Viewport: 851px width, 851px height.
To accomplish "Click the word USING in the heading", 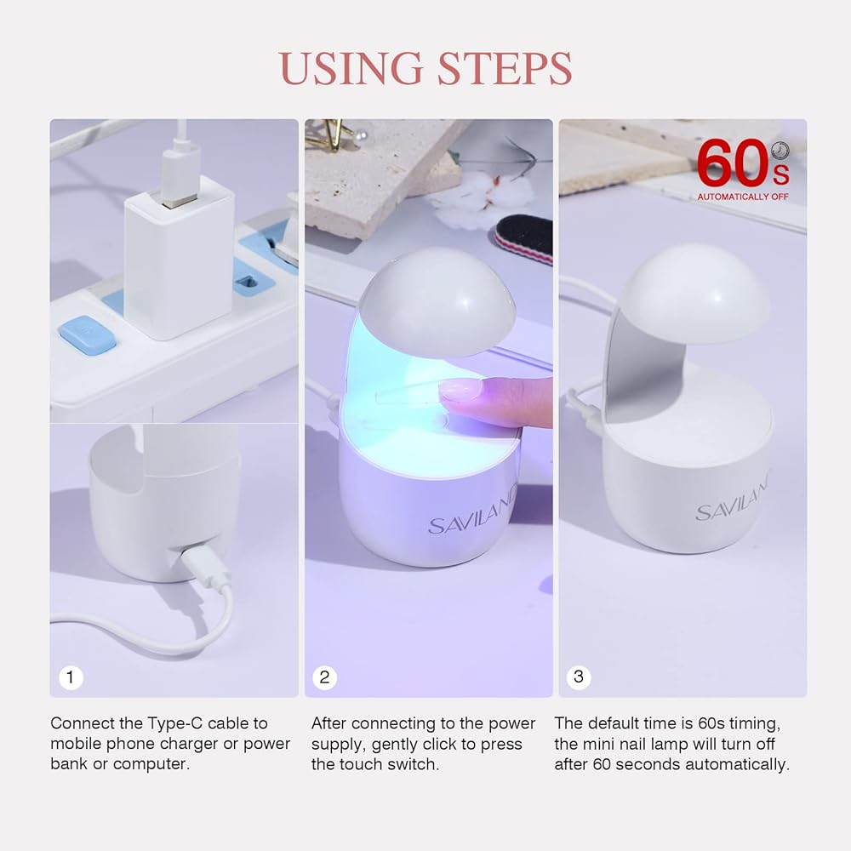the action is [351, 68].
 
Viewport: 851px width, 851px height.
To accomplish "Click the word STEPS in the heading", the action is [505, 68].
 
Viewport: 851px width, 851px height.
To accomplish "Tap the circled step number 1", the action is [71, 677].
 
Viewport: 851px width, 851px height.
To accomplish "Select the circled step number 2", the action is [324, 677].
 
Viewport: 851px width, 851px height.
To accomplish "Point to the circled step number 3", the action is [579, 677].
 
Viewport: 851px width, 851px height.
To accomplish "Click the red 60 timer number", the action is [733, 163].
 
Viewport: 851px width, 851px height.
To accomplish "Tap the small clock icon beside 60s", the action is [780, 151].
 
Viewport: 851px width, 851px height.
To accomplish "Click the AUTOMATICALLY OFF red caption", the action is [742, 197].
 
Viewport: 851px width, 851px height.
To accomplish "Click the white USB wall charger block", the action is [179, 258].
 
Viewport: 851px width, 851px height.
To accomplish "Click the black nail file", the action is [524, 239].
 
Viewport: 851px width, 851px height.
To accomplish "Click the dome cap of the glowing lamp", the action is [437, 301].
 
